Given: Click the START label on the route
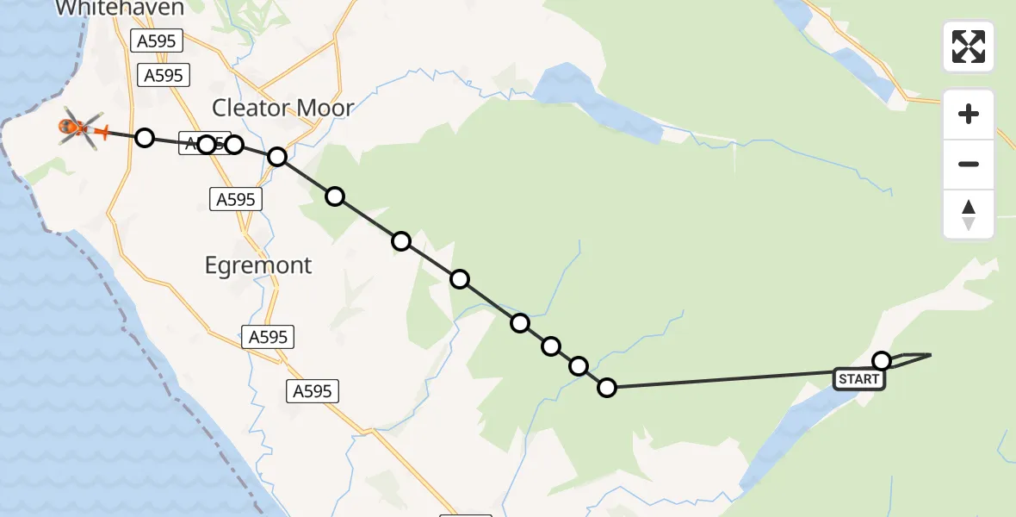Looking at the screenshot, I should click(x=858, y=379).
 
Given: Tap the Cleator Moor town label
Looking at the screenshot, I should click(x=282, y=108).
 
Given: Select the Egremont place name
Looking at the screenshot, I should click(x=258, y=265).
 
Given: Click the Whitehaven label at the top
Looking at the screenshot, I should click(x=120, y=9).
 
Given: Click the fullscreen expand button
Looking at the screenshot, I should click(x=969, y=47).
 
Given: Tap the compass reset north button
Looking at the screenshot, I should click(x=969, y=215).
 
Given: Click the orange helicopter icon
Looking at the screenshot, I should click(x=77, y=129).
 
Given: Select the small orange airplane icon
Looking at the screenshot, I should click(x=103, y=132).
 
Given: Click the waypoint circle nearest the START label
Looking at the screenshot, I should click(x=882, y=360).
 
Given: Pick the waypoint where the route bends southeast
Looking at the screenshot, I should click(x=277, y=157).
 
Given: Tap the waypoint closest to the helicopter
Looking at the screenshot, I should click(x=145, y=138).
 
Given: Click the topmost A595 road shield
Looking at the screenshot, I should click(x=155, y=40).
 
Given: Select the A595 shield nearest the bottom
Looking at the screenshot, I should click(x=312, y=391).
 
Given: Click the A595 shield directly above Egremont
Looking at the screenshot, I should click(x=236, y=200).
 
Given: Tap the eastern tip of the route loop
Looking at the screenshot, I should click(x=930, y=354).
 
